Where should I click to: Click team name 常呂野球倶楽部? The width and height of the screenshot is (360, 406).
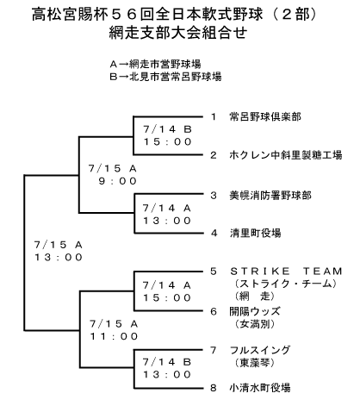point(265,116)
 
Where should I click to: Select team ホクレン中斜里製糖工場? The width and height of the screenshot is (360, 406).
point(286,155)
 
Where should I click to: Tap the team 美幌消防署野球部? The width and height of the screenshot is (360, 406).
point(270,196)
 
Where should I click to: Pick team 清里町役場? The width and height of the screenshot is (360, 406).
point(255,233)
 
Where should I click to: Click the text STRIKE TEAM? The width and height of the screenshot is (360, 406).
point(286,271)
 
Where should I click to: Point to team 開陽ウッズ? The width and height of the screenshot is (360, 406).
point(255,311)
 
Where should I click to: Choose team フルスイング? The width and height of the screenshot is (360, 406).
point(260,350)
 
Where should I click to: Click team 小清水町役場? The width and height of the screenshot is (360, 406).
point(260,388)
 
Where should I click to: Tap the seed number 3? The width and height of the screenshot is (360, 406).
point(214,196)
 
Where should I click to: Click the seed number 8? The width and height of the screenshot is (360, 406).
point(214,388)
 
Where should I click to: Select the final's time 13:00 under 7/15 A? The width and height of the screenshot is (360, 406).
point(59,257)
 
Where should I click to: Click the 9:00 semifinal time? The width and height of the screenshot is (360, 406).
point(118,181)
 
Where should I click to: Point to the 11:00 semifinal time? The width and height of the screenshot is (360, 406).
point(114,336)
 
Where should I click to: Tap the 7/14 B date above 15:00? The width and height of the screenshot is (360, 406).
point(167,129)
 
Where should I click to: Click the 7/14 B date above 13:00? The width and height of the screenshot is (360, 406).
point(167,362)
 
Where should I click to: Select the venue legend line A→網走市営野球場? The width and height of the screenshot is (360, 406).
point(155,64)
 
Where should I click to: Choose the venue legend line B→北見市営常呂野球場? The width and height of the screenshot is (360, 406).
point(165,77)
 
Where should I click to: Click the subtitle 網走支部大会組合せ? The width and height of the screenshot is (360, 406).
point(178,32)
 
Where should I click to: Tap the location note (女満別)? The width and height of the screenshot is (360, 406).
point(255,324)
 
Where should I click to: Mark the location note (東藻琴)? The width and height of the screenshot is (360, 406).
point(255,363)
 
